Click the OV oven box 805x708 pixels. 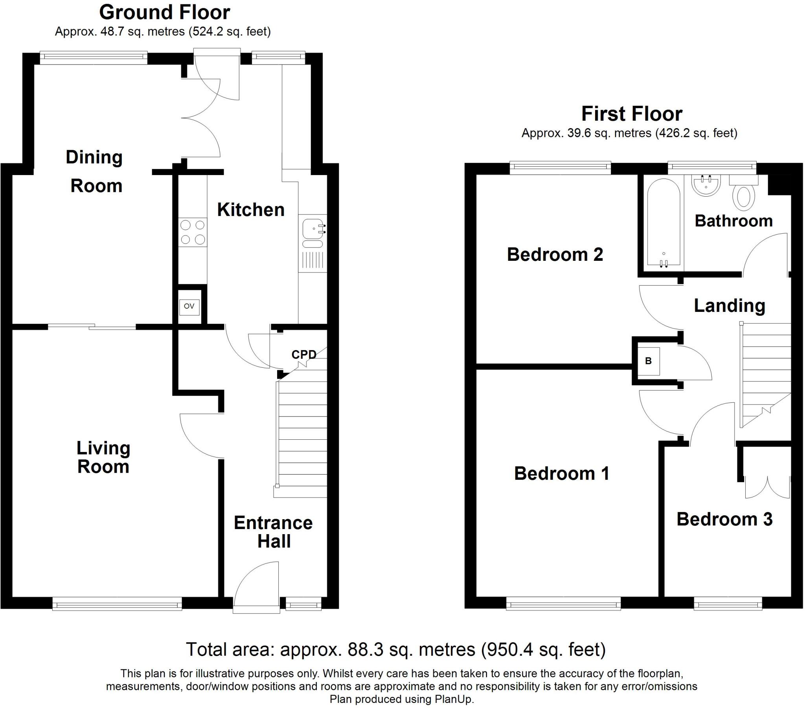point(189,306)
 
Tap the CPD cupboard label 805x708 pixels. point(304,354)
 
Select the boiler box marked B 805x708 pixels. point(648,360)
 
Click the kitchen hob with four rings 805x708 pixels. point(193,232)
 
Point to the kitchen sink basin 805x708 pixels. point(312,228)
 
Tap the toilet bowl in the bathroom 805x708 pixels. point(743,197)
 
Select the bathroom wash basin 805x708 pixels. point(706,186)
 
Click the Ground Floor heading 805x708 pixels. point(165,12)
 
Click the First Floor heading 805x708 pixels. point(631,114)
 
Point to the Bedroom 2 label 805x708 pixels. point(555,254)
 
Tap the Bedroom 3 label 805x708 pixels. point(724,519)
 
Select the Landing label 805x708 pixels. point(730,306)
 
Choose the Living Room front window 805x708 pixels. point(117,603)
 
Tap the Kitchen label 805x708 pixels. point(250,210)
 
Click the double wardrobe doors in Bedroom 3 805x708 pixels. point(767,488)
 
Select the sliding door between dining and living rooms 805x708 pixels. point(92,326)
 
